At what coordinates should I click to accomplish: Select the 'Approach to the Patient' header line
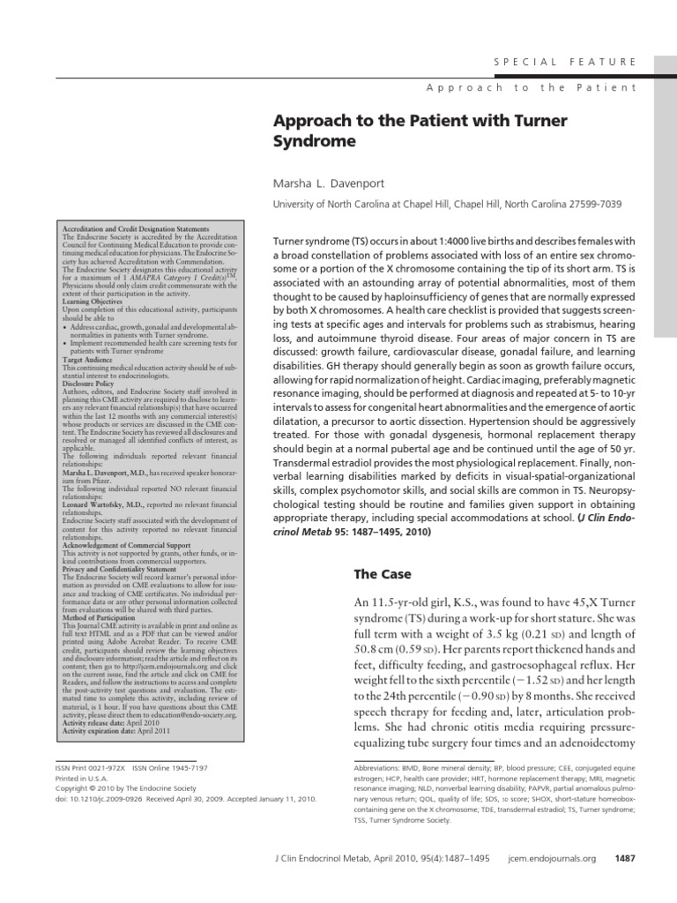pos(532,88)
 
